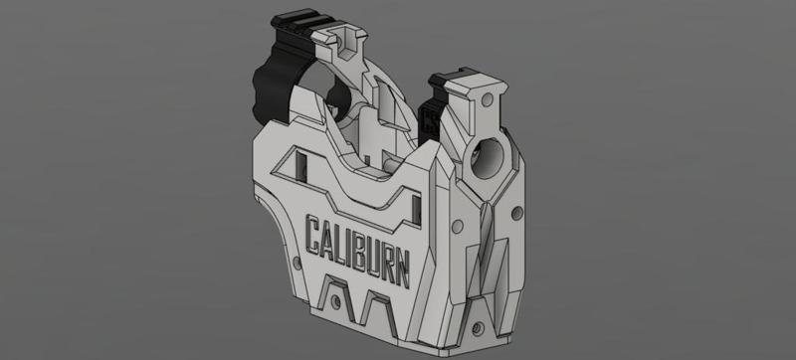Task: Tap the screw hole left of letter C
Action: coord(296,266)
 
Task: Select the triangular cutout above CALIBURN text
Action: coord(300,167)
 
